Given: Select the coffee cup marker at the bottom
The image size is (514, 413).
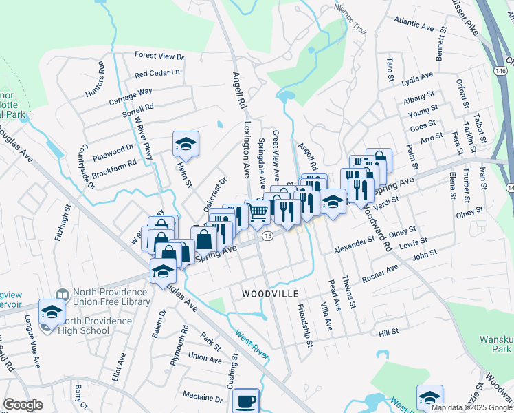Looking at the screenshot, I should [x=245, y=401].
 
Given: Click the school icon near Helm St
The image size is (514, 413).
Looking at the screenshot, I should [x=186, y=143].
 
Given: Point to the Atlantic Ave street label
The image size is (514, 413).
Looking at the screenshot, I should [x=414, y=25].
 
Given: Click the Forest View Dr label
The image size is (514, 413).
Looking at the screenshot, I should [x=160, y=56].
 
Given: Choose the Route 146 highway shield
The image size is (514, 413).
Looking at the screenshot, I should [x=501, y=71].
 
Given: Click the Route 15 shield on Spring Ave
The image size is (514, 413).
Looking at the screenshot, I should [x=267, y=236].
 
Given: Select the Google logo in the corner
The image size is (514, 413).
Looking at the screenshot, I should [x=23, y=405].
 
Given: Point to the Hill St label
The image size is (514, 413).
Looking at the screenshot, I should [x=388, y=333].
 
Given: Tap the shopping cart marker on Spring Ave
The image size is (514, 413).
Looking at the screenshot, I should [x=258, y=212].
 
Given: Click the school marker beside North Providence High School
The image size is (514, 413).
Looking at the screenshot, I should [x=52, y=311].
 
